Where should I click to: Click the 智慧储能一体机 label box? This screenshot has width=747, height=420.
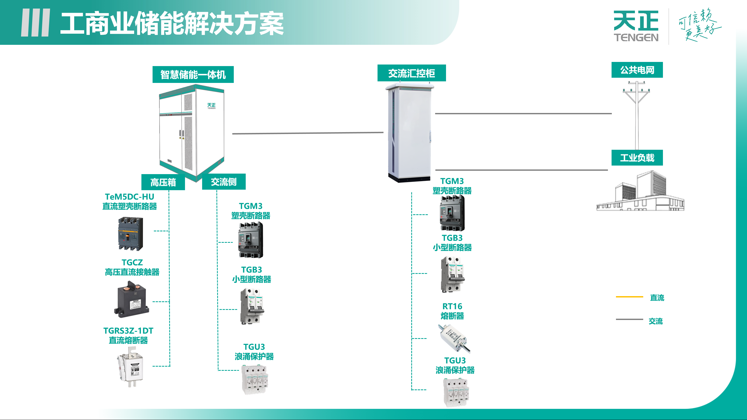[193, 74]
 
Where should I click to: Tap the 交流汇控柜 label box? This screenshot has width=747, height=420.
[411, 73]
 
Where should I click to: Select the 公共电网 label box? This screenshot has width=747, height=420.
[637, 70]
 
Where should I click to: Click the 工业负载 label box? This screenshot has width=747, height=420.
[637, 158]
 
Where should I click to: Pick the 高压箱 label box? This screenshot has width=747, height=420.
[163, 182]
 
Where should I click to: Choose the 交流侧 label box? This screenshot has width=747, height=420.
[224, 182]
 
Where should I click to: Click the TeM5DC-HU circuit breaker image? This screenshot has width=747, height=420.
[131, 234]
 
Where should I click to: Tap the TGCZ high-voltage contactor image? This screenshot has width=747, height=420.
[132, 300]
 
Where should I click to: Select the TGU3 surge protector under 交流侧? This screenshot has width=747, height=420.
[255, 379]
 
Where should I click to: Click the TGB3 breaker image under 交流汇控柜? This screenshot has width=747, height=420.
[452, 274]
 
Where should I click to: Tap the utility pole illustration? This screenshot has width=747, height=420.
[636, 115]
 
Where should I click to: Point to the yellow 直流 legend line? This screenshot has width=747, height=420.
[629, 297]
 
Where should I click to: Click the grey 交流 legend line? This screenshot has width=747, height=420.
[629, 319]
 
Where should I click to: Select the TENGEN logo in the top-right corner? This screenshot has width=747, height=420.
[636, 26]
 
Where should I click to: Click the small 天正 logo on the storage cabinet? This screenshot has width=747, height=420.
[211, 106]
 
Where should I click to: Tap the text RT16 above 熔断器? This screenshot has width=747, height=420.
[452, 306]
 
